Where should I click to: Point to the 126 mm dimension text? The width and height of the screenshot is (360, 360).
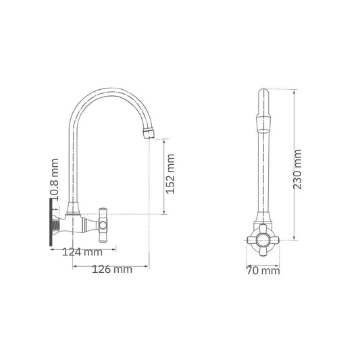point(111,270)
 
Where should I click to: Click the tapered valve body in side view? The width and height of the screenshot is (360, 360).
point(84,224)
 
